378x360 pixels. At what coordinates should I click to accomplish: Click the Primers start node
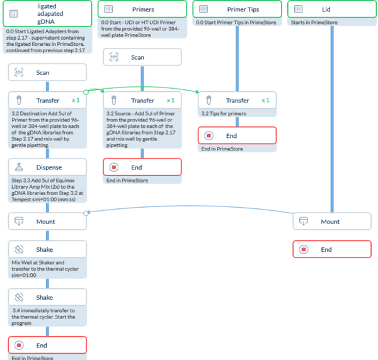click(x=142, y=9)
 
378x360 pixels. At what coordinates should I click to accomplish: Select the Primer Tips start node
click(x=237, y=9)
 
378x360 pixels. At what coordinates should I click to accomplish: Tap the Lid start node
click(x=331, y=9)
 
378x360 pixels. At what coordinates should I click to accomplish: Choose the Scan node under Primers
click(x=142, y=57)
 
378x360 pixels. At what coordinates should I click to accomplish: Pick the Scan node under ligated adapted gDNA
click(x=47, y=72)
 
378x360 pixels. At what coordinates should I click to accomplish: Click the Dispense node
click(x=47, y=167)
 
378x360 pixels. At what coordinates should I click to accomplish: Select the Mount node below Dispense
click(x=47, y=222)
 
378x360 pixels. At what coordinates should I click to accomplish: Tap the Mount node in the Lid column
click(x=331, y=222)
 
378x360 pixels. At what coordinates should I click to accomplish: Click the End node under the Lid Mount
click(x=331, y=249)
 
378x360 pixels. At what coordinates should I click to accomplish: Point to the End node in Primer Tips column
click(x=237, y=135)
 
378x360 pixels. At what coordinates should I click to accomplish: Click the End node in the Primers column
click(x=142, y=167)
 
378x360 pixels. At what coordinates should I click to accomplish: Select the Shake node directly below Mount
click(x=47, y=249)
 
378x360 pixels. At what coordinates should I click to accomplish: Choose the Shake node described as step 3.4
click(x=47, y=297)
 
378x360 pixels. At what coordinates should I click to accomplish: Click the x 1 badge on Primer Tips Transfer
click(x=265, y=100)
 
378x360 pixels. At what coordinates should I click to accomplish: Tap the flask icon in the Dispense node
click(x=20, y=167)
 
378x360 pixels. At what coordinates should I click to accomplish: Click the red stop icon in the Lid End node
click(x=304, y=249)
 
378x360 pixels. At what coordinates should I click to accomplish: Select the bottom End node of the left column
click(x=47, y=345)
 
